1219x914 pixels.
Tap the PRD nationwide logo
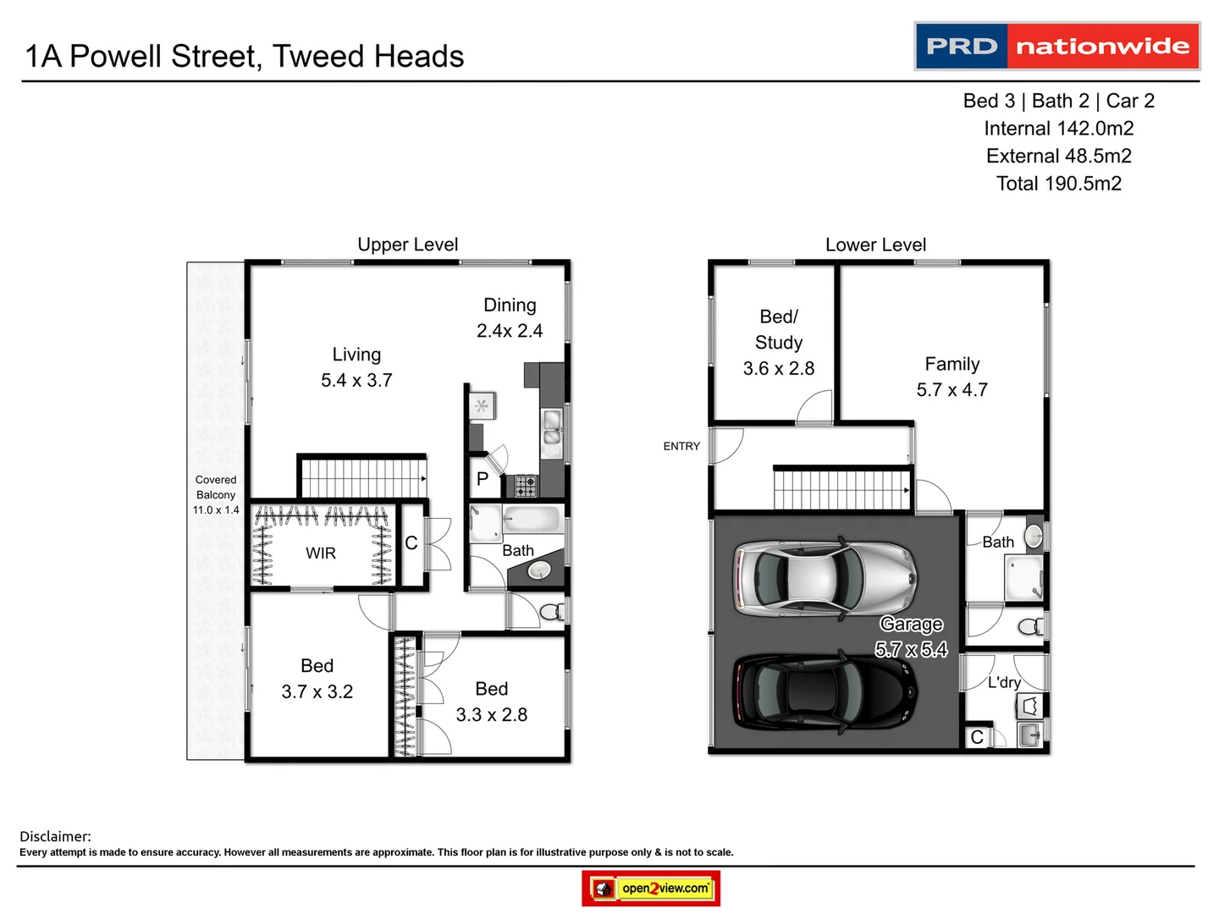[1057, 46]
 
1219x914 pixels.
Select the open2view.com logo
[651, 889]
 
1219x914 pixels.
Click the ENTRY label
[681, 446]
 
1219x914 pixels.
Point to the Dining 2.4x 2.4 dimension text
[510, 331]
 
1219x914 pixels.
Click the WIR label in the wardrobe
[321, 553]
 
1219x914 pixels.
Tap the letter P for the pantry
[483, 479]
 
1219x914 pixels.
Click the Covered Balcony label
[216, 487]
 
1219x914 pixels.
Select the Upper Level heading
[407, 245]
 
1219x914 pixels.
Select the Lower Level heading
[875, 245]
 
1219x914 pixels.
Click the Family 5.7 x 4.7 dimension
[951, 390]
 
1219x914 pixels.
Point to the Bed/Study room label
[779, 329]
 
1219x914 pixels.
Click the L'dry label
[1004, 682]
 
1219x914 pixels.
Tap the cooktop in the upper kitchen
[525, 486]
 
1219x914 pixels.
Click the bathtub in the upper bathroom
[532, 519]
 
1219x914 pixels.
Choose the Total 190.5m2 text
[1058, 184]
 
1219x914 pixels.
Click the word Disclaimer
[55, 836]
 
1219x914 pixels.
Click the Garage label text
[911, 625]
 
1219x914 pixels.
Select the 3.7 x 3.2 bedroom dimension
[317, 692]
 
